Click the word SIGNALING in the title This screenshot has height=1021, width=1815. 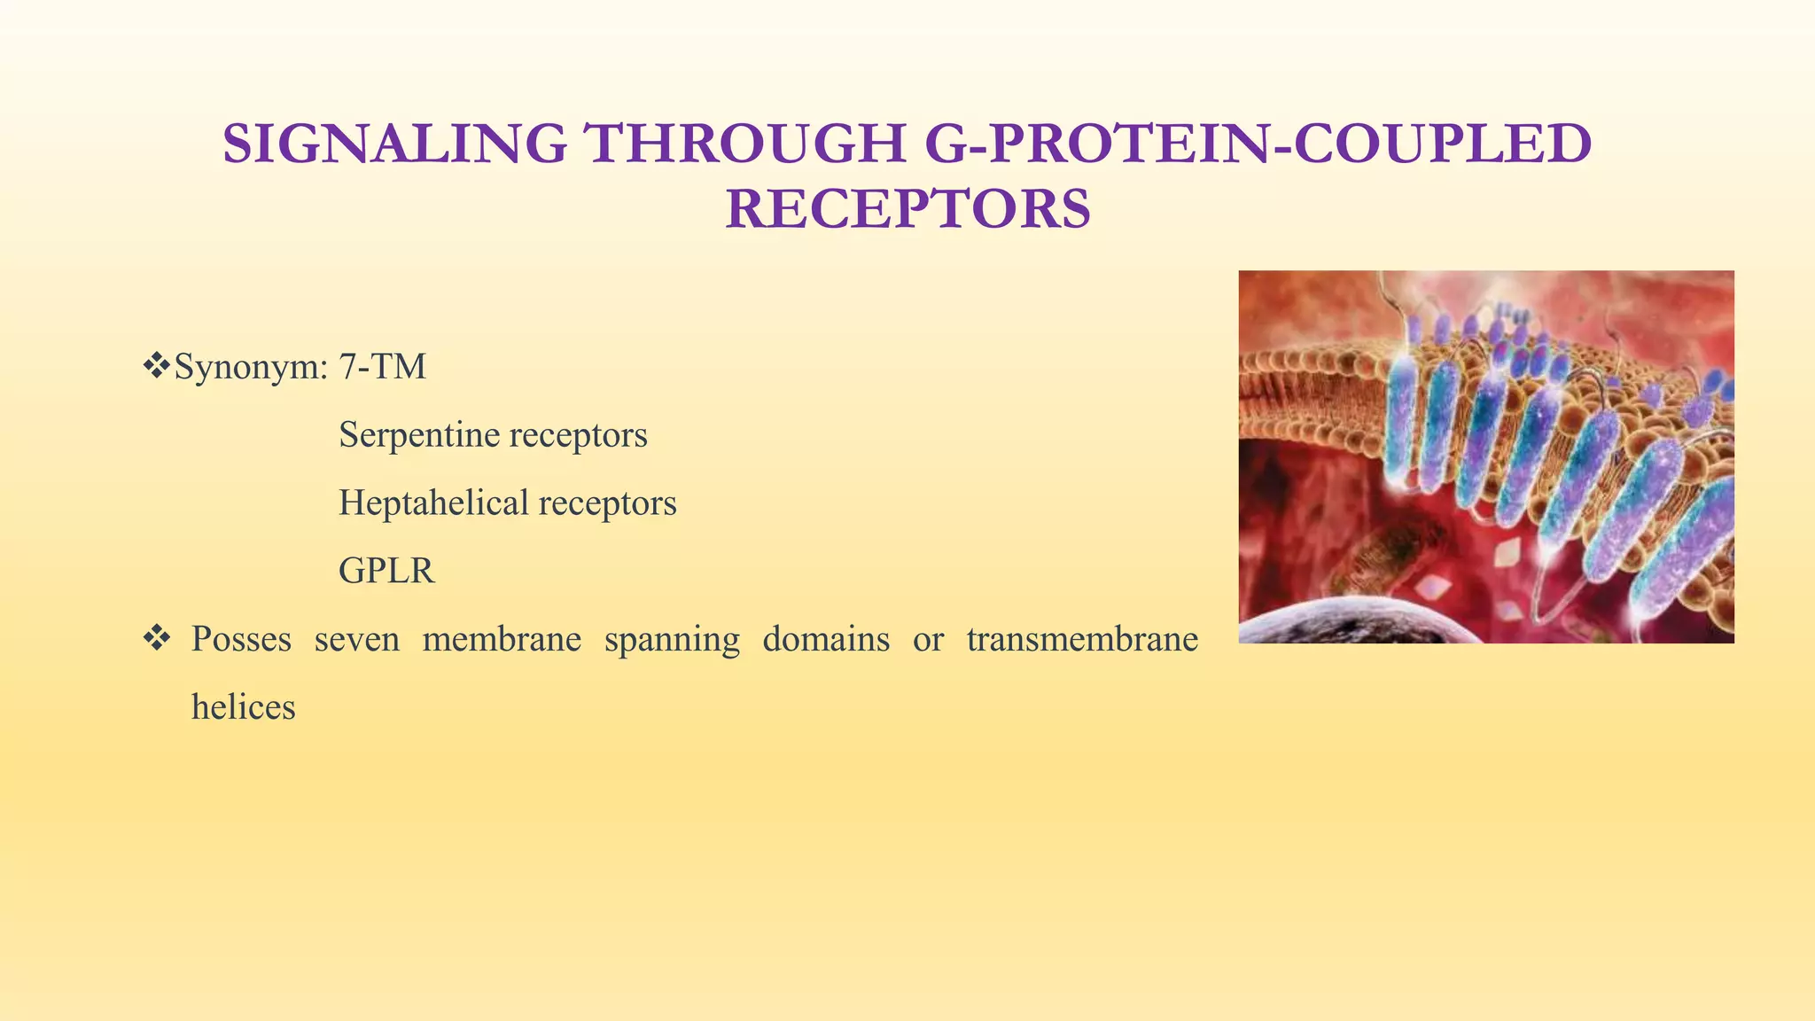tap(394, 144)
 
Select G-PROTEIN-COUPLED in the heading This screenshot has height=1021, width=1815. tap(1258, 144)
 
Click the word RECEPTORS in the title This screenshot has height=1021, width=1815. tap(907, 210)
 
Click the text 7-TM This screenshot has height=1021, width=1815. tap(382, 367)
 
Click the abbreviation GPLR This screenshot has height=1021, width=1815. tap(386, 571)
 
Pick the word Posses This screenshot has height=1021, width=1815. tap(241, 639)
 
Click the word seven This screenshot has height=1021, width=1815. tap(356, 639)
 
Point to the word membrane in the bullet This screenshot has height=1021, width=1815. tap(502, 639)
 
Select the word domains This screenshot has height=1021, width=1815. tap(826, 639)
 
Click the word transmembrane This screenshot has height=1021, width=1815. tap(1082, 639)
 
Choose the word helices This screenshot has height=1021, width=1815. tap(243, 707)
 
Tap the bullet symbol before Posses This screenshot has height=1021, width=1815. tap(157, 638)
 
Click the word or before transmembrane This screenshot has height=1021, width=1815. tap(928, 639)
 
